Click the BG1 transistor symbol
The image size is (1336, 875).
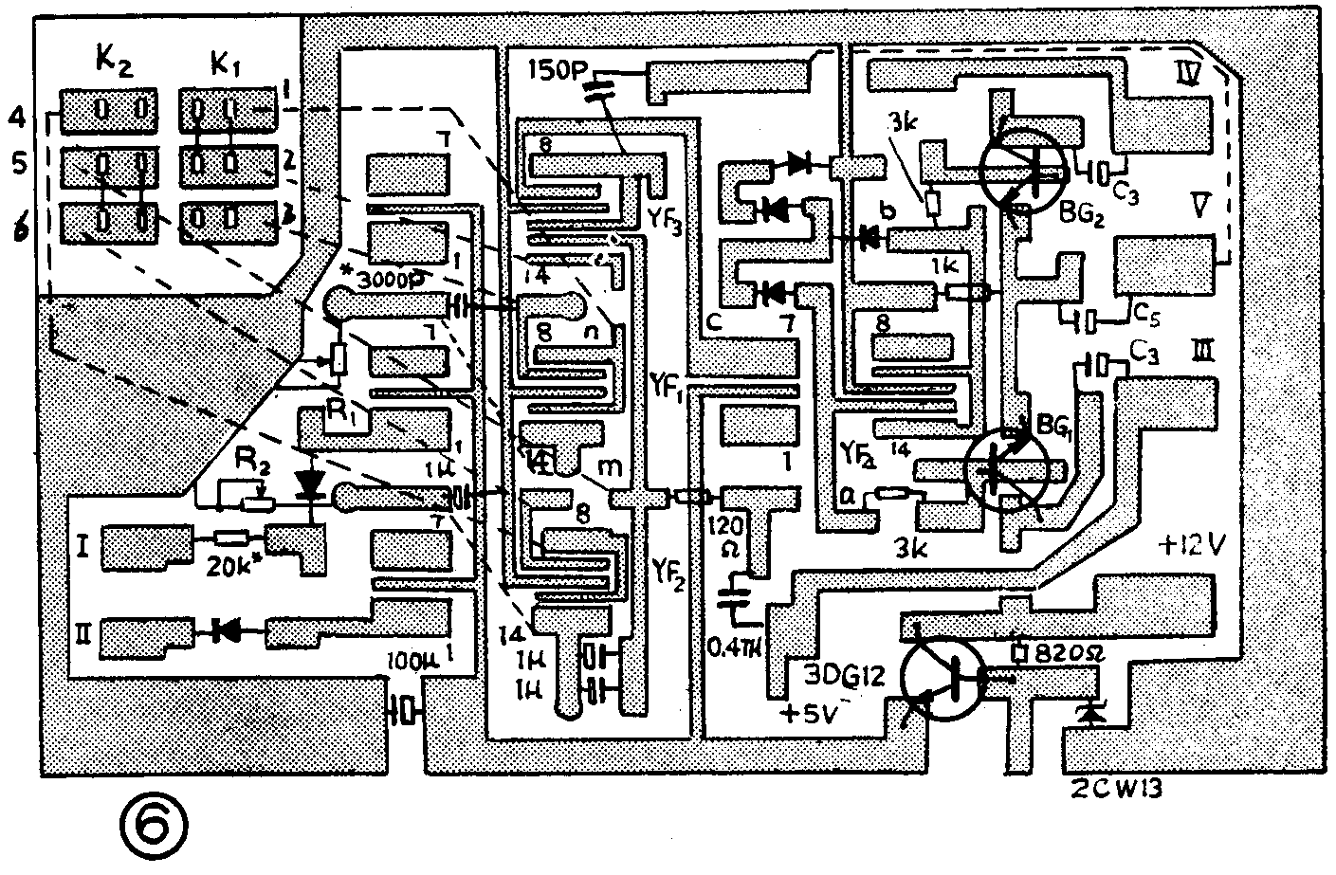pos(1007,466)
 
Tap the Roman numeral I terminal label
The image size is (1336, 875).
pos(82,547)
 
